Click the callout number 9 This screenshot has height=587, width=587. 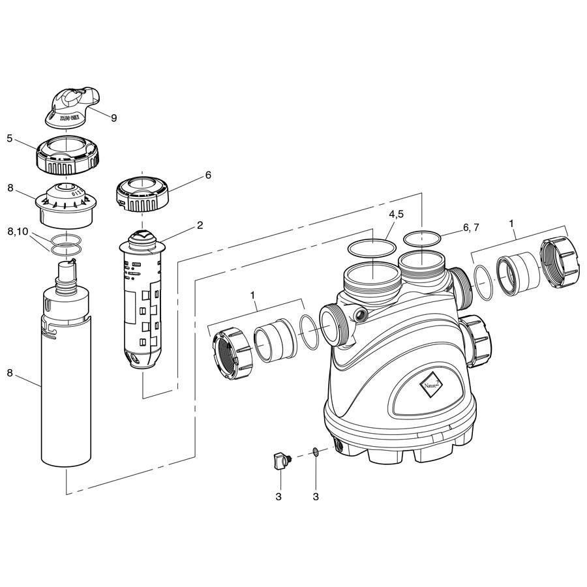tap(113, 118)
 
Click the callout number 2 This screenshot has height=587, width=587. tap(200, 226)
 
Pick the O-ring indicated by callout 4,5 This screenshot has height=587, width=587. tap(371, 248)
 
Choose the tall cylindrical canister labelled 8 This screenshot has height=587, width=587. tap(66, 385)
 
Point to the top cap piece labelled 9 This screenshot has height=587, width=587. tap(72, 106)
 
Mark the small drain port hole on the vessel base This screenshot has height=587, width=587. tap(339, 445)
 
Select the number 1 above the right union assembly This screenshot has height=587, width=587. tap(513, 223)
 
